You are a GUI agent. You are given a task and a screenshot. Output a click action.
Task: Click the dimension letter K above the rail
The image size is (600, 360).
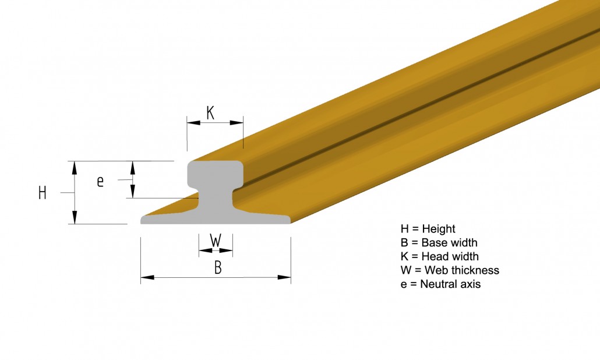[210, 113]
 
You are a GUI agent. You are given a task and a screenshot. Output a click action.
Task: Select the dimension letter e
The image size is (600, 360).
[100, 181]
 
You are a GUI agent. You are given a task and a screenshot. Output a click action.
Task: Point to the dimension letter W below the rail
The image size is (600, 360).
[216, 240]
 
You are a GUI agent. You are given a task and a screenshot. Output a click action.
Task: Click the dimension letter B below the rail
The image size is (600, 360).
[218, 267]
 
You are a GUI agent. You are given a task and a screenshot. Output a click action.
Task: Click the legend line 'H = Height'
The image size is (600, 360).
[428, 229]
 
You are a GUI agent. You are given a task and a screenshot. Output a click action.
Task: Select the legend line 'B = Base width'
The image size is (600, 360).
[439, 242]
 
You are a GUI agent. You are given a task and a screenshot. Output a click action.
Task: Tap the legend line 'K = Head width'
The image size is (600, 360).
[440, 256]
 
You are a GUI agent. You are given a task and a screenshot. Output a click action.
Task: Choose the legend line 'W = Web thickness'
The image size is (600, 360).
[450, 270]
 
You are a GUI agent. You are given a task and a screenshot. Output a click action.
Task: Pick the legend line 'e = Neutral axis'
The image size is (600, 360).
[441, 284]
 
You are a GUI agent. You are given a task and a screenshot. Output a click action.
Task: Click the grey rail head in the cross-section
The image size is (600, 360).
[215, 174]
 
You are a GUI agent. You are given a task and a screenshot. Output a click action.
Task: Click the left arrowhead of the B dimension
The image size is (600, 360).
[147, 277]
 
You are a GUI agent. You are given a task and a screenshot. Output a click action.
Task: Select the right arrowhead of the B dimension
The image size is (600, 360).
[284, 277]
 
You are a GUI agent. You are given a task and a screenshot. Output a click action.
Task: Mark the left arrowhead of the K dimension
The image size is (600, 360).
[193, 123]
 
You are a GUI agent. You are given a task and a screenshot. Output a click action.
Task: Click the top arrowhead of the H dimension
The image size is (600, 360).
[75, 168]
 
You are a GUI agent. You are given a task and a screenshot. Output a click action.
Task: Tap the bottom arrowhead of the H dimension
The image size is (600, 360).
[75, 217]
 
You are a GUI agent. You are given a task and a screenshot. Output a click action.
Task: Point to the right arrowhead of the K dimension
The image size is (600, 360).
[237, 123]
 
